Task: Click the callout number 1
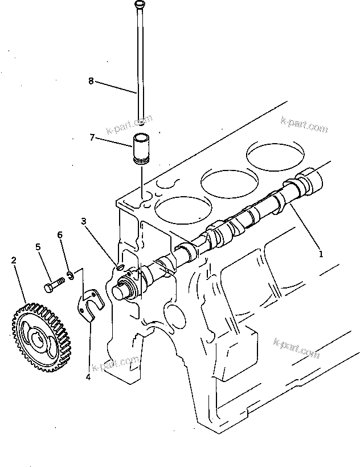pyautogui.click(x=321, y=254)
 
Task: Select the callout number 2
pyautogui.click(x=14, y=260)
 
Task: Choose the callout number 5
pyautogui.click(x=39, y=247)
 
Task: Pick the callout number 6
pyautogui.click(x=60, y=234)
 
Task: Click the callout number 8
pyautogui.click(x=91, y=80)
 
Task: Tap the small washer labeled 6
pyautogui.click(x=69, y=276)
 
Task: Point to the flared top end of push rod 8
pyautogui.click(x=139, y=5)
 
